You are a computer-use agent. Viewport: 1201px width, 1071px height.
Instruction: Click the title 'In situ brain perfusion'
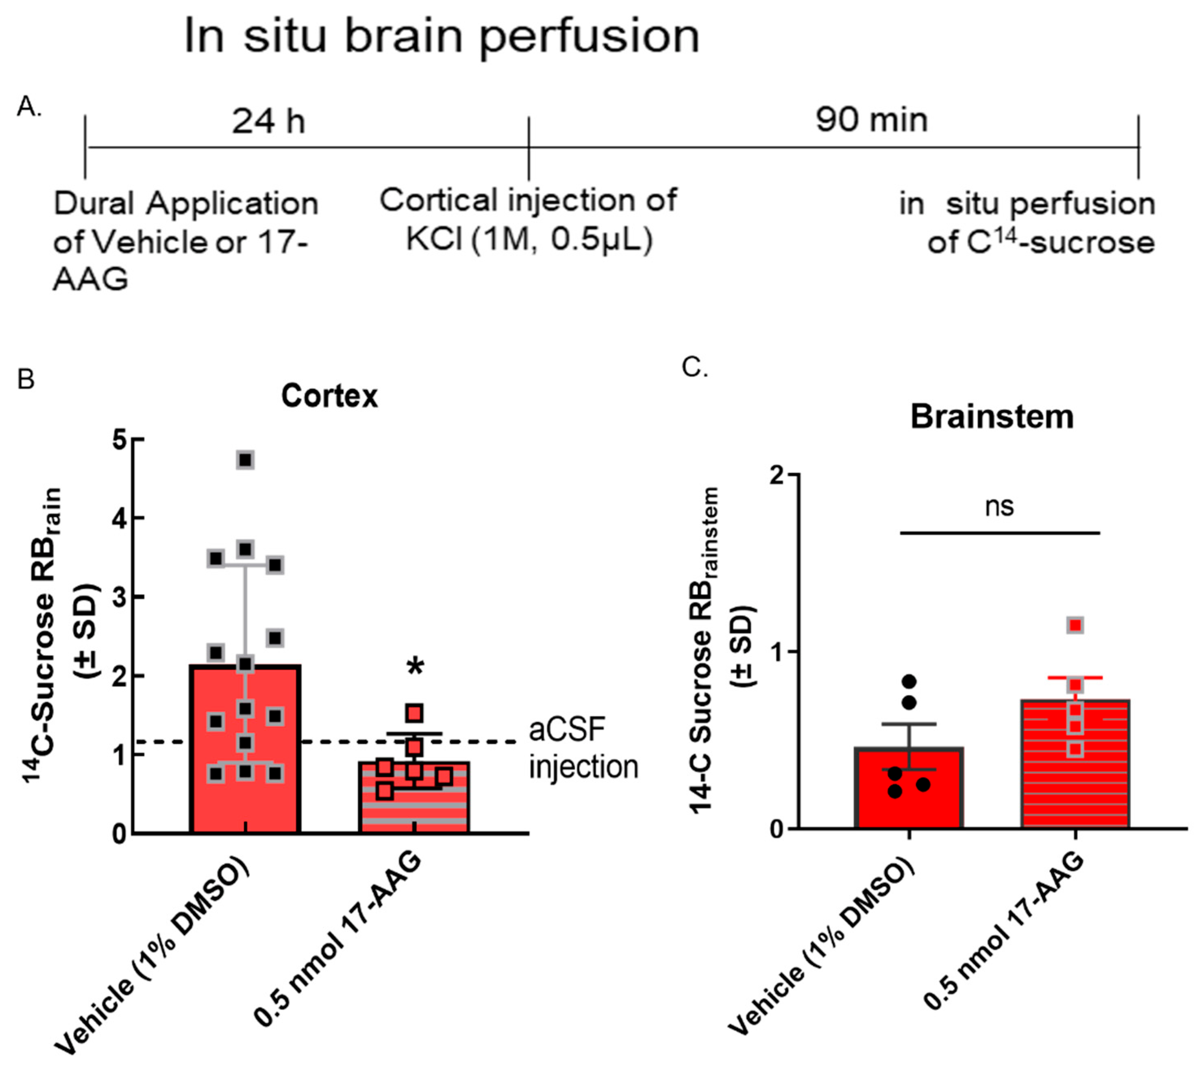pyautogui.click(x=441, y=37)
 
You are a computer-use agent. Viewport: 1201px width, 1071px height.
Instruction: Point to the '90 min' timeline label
pyautogui.click(x=871, y=120)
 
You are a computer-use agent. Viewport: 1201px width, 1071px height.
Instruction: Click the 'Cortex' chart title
pyautogui.click(x=330, y=396)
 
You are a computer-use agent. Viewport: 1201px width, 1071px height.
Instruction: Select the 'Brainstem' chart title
pyautogui.click(x=992, y=417)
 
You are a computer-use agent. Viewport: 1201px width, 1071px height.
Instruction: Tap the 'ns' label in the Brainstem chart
pyautogui.click(x=999, y=506)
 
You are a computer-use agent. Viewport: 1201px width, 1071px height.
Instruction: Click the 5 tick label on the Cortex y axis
pyautogui.click(x=120, y=440)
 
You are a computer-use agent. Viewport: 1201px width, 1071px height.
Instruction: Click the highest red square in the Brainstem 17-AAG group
pyautogui.click(x=1076, y=625)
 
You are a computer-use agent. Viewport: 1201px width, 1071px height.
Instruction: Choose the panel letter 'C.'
pyautogui.click(x=694, y=368)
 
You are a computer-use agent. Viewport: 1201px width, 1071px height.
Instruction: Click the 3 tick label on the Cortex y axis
pyautogui.click(x=120, y=597)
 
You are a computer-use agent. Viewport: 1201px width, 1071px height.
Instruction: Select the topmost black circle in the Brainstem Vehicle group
pyautogui.click(x=909, y=682)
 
